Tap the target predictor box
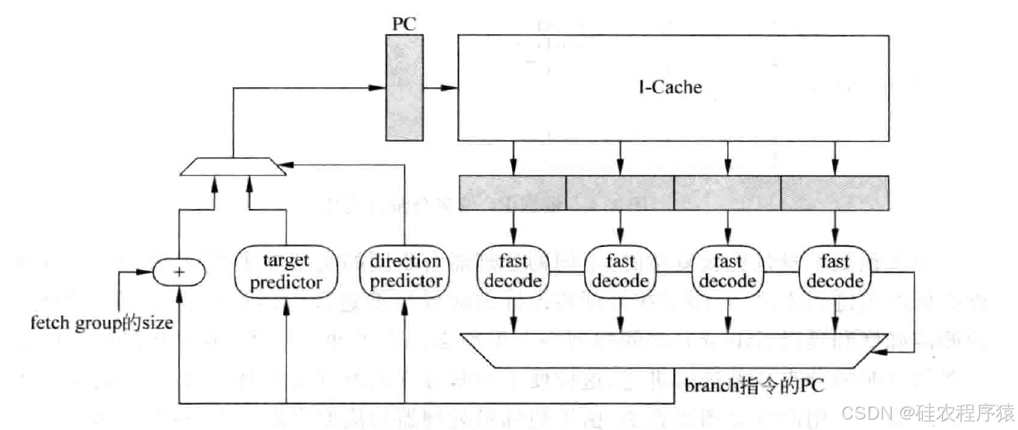click(286, 272)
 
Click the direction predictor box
click(406, 272)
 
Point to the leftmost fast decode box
click(513, 272)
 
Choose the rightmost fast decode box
click(835, 272)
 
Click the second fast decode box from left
click(620, 272)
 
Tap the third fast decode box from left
click(727, 272)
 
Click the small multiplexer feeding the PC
click(233, 167)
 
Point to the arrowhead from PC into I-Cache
click(449, 88)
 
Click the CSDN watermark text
click(936, 411)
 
